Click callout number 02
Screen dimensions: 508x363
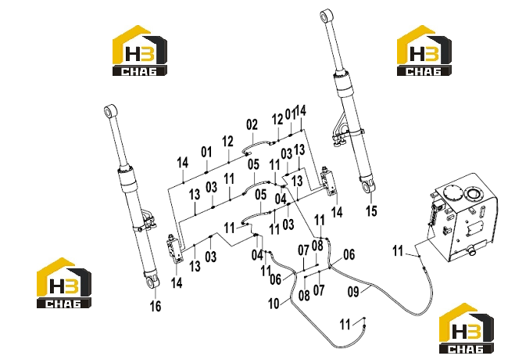(252, 124)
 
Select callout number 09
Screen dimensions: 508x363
(353, 291)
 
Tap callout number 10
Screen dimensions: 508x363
(274, 304)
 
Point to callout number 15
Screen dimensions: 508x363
(371, 211)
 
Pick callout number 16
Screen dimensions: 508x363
(156, 306)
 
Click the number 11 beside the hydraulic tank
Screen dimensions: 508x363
(398, 251)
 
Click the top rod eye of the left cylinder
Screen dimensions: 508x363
(110, 110)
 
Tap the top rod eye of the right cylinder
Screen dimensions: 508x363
(326, 15)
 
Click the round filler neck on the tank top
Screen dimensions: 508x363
(474, 194)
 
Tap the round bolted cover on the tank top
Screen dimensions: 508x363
(452, 194)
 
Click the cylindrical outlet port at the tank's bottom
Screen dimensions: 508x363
(471, 250)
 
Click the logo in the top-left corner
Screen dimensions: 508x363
(140, 51)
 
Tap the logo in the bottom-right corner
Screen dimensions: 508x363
(467, 329)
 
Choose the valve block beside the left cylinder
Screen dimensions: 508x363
(174, 247)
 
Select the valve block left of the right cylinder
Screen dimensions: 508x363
(328, 181)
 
